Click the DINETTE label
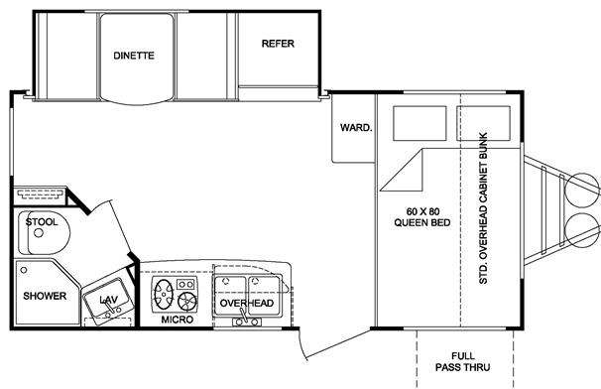pos(134,56)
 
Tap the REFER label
pos(278,44)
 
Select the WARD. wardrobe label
pos(356,127)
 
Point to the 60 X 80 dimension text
pos(422,211)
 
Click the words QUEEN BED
pos(422,222)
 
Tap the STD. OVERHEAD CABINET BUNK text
pos(484,208)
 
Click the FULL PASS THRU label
pos(462,362)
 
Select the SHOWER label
pos(45,296)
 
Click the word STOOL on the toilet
pos(42,221)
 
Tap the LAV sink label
pos(108,300)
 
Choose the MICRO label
pos(178,320)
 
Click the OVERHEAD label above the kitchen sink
pos(247,303)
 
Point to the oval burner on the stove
pos(164,294)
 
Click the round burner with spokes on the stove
pos(187,301)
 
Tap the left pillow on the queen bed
pos(420,123)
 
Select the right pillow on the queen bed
pos(483,123)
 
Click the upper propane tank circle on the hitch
pos(583,191)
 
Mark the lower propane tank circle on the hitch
pos(583,230)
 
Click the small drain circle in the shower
pos(24,270)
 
